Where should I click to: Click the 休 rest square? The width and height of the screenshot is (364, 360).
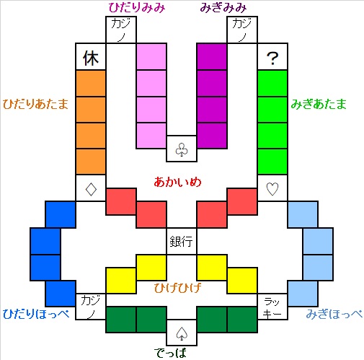[91, 57]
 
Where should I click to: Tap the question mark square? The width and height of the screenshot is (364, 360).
[272, 58]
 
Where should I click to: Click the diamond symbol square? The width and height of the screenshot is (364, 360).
[91, 189]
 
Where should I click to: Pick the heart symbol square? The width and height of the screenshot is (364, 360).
[272, 189]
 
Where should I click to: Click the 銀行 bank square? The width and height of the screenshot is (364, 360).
[182, 241]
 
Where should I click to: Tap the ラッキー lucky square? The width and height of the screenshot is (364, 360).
[272, 306]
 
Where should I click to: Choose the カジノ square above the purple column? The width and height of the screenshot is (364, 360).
[242, 31]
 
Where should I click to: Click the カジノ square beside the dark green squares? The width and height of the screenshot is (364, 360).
[91, 306]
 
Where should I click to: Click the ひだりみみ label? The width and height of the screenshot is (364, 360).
[136, 8]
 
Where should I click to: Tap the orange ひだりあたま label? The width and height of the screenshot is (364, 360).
[35, 104]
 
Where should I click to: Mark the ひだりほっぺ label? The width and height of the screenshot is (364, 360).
[35, 315]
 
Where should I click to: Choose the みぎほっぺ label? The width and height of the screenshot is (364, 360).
[334, 315]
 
